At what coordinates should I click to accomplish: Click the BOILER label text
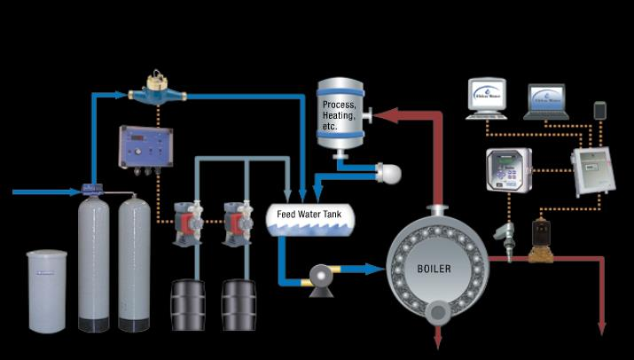tap(434, 267)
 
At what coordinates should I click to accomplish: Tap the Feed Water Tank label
tap(309, 215)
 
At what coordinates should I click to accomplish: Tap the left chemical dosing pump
tap(189, 216)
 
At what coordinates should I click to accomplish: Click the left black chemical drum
tap(188, 306)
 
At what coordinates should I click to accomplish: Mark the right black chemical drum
tap(239, 306)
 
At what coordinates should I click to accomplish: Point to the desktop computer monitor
tap(486, 96)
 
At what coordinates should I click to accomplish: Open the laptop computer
tap(546, 102)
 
